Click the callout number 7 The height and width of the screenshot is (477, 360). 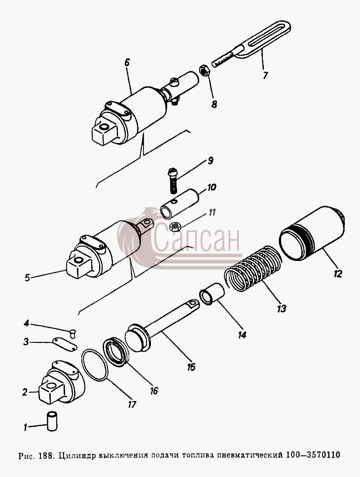[265, 75]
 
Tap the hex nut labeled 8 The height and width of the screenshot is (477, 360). [205, 72]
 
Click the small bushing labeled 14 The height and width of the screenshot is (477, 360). [212, 294]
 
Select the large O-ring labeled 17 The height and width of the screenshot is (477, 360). [95, 365]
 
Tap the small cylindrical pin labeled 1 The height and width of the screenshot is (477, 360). [52, 421]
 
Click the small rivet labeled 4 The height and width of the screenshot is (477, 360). [73, 333]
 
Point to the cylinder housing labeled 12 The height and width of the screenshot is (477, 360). [312, 233]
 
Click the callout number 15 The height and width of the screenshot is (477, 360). [191, 367]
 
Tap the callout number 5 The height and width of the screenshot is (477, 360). [28, 277]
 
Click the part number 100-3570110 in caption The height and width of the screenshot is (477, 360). [313, 455]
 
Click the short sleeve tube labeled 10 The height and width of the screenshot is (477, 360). [180, 203]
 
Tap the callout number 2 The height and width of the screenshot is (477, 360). [25, 392]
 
